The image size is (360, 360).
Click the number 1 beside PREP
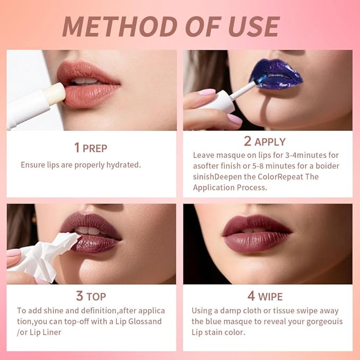(x=77, y=147)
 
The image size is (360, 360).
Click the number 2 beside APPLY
(x=247, y=142)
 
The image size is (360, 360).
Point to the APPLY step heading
(x=270, y=142)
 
